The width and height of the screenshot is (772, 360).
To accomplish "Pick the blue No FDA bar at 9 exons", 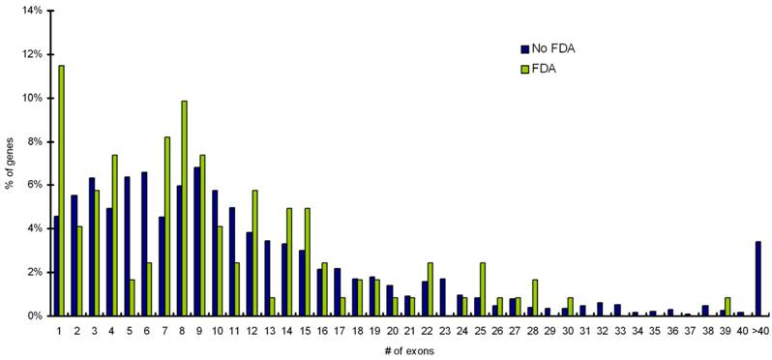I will (196, 242).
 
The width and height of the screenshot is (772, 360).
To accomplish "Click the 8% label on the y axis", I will (34, 141).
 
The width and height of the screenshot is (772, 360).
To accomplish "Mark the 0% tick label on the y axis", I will (34, 316).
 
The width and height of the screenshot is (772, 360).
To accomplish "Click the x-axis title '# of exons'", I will (408, 350).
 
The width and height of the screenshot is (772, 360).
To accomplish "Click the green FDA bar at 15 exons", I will (308, 262).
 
